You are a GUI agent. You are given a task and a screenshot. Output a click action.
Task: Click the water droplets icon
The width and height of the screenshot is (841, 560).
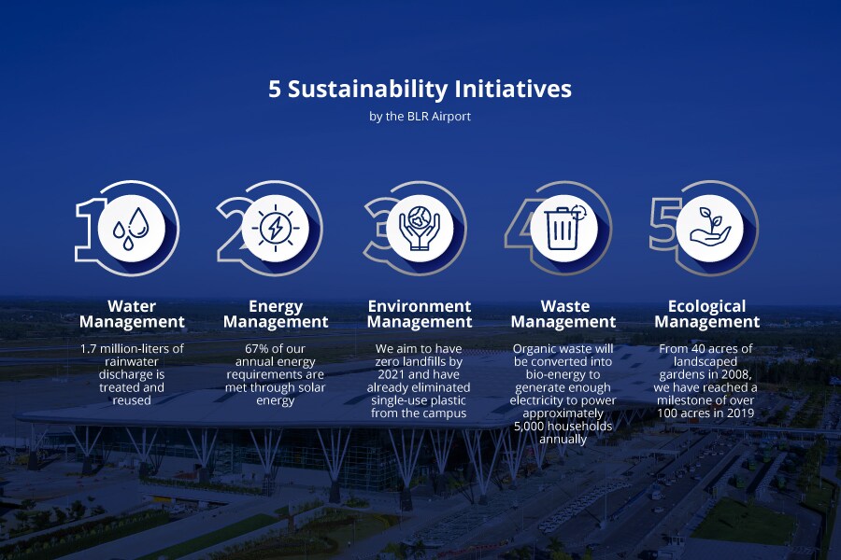click(x=131, y=229)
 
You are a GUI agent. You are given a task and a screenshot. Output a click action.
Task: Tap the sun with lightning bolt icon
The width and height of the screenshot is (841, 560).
click(x=275, y=228)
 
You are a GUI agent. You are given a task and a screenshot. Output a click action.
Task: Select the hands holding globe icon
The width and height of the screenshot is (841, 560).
click(x=420, y=229)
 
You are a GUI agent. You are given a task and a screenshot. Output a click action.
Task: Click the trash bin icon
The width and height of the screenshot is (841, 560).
click(x=564, y=229)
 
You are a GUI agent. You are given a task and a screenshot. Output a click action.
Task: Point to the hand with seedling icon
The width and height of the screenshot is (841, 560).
click(x=709, y=228)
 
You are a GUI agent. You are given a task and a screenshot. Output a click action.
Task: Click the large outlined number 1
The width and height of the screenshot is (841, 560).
click(x=89, y=231)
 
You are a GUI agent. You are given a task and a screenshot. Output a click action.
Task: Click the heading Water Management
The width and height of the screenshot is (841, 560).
click(x=132, y=314)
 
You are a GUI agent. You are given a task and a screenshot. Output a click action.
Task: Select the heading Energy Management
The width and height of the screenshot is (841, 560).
click(x=276, y=314)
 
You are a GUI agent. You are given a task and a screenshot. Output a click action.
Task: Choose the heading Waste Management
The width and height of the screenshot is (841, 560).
click(x=563, y=314)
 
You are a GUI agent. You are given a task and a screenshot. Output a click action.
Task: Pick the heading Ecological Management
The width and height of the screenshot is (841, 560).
click(x=707, y=314)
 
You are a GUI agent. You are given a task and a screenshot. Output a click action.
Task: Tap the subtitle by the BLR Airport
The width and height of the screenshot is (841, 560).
click(x=420, y=117)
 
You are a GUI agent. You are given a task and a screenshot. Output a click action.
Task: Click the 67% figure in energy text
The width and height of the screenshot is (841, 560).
click(x=256, y=349)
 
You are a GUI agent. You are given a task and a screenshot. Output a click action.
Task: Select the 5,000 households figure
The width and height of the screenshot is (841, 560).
click(x=563, y=427)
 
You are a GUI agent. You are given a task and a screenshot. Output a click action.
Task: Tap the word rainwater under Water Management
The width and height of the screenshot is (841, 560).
click(x=132, y=362)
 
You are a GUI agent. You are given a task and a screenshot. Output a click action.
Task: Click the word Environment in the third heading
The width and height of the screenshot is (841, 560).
click(x=420, y=306)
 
